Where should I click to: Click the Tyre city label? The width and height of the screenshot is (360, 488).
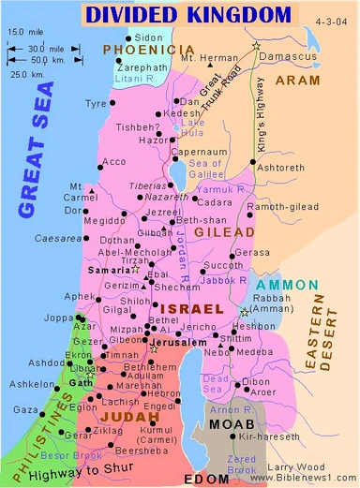(96, 104)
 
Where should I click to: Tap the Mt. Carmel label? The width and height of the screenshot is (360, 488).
(83, 193)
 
